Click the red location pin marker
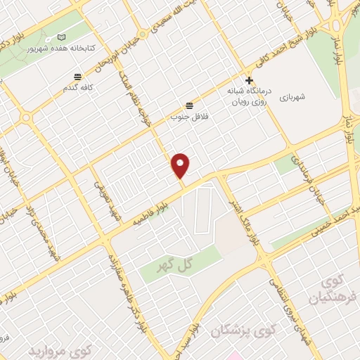pyautogui.click(x=181, y=165)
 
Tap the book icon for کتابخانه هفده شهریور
pyautogui.click(x=61, y=37)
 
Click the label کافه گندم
pyautogui.click(x=78, y=88)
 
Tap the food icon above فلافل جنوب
pyautogui.click(x=188, y=105)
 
